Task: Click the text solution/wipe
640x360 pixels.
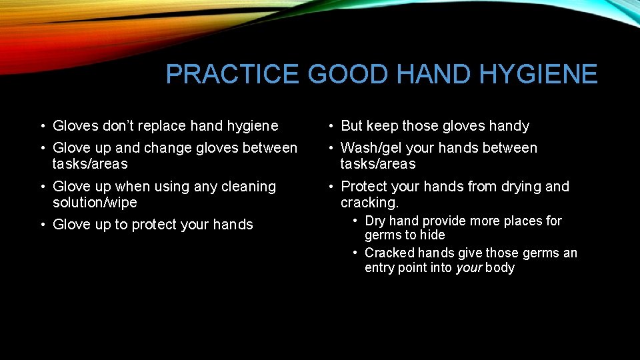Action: click(95, 203)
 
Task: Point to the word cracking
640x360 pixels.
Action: click(369, 203)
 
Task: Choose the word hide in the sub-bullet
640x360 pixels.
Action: click(432, 235)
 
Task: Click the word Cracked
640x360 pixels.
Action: click(390, 253)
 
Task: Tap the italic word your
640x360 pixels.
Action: click(469, 268)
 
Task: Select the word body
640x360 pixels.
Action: click(500, 268)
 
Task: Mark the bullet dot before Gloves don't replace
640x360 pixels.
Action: click(41, 126)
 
